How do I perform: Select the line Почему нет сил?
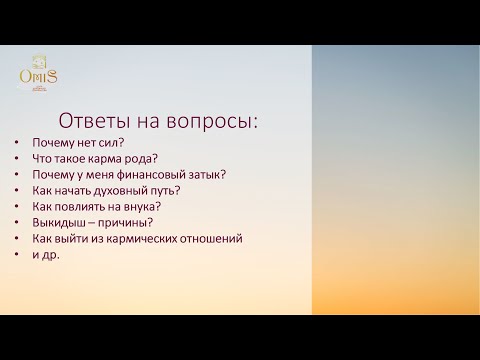[71, 141]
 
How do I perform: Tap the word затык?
[206, 173]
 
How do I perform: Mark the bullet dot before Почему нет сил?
[17, 141]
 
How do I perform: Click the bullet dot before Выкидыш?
[17, 222]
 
